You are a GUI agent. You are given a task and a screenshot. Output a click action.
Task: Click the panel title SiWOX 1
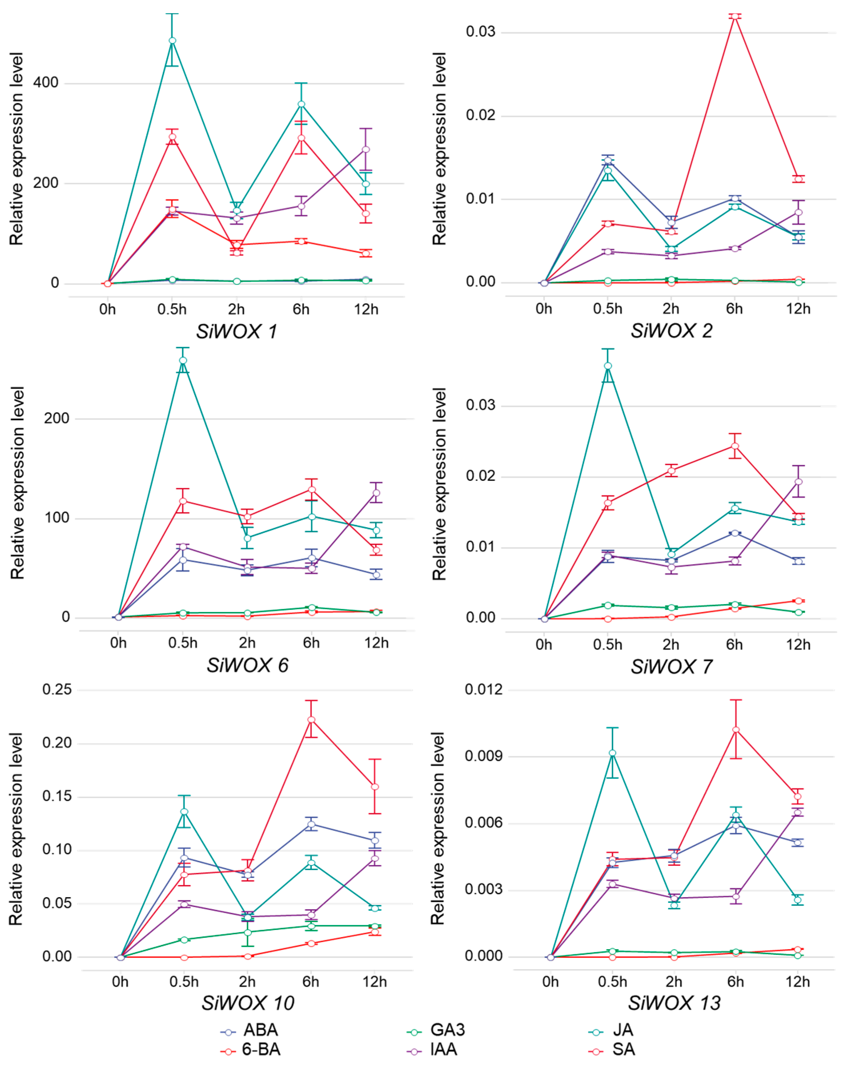tap(237, 331)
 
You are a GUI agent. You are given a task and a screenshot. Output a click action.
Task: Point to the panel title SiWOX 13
tap(674, 1003)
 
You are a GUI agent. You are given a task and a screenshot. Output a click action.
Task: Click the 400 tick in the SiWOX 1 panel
tap(46, 83)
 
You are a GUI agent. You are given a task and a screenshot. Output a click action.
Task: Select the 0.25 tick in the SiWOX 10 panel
tap(57, 689)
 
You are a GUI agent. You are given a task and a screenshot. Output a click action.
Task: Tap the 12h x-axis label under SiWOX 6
tap(376, 643)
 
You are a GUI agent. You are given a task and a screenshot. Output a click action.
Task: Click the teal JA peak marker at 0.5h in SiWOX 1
tap(172, 41)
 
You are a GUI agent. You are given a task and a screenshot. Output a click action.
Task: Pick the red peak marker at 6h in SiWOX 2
tap(735, 16)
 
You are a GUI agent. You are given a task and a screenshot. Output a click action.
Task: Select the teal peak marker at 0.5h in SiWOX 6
tap(183, 360)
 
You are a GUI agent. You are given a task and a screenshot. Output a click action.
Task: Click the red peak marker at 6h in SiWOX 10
tap(311, 719)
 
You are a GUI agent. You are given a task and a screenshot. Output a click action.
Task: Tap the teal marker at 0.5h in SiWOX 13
tap(613, 753)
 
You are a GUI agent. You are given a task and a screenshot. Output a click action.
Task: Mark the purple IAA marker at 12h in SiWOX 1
tap(366, 149)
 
